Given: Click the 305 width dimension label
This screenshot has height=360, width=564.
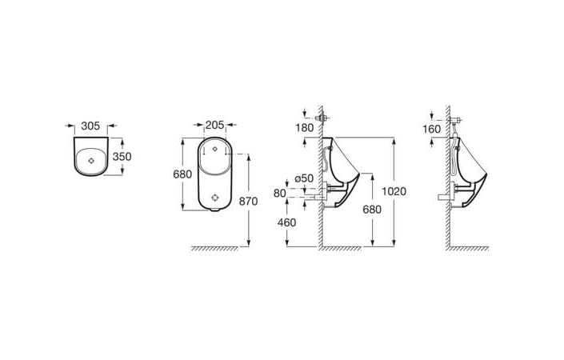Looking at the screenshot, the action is point(90,126).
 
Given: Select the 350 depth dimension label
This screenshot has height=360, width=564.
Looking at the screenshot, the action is point(122,157).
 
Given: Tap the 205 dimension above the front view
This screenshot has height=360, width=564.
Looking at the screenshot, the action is point(214,125).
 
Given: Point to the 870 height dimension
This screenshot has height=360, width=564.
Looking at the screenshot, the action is point(249,202).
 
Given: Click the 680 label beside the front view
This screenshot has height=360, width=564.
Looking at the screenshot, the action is point(182,174).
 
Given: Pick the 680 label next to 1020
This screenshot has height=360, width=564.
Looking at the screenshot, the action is point(372,210).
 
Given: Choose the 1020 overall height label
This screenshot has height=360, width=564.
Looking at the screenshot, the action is point(394,191).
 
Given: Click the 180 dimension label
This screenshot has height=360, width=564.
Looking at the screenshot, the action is point(305,128).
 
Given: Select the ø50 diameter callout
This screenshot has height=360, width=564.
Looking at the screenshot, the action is point(304,178).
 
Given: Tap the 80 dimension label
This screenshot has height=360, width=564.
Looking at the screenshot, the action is point(279,193).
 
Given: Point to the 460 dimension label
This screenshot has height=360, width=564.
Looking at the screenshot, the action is point(286,222).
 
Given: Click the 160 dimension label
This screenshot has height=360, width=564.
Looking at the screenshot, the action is point(432,129).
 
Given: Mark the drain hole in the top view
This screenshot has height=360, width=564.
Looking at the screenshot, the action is point(91,161).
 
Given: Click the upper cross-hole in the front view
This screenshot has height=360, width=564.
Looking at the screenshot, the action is point(214,149).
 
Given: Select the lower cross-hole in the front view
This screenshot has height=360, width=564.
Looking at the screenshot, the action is point(214,197).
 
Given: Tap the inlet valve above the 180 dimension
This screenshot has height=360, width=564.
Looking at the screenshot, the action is point(322,118).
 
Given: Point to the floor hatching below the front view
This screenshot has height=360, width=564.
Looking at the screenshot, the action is point(214,249).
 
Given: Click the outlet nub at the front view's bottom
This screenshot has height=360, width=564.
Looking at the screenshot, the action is point(214,210).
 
